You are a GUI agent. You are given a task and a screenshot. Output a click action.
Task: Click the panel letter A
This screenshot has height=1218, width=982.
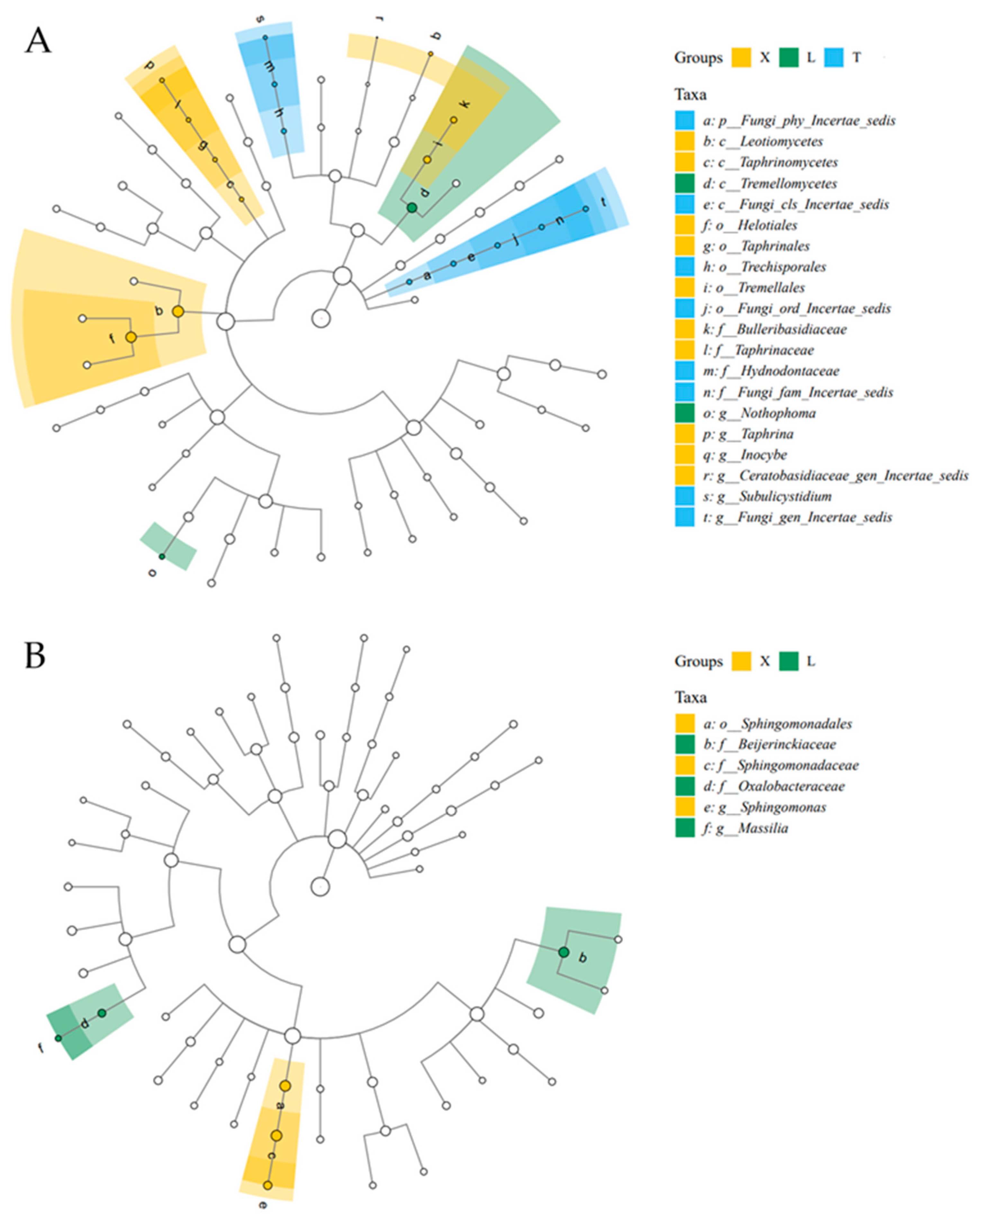coord(37,41)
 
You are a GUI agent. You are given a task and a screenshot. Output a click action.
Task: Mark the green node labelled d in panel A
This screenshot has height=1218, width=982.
coord(412,208)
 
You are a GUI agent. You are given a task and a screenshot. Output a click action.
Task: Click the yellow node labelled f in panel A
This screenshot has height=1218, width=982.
coord(131,337)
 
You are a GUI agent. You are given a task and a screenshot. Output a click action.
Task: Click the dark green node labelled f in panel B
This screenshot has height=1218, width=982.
coord(58,1038)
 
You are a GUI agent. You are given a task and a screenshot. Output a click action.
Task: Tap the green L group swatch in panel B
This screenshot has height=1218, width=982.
coord(788,661)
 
